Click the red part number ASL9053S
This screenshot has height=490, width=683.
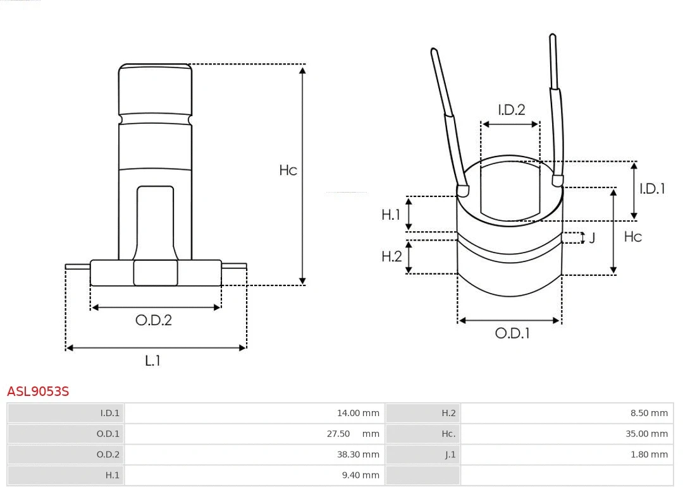(38, 391)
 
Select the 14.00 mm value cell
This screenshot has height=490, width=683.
(358, 413)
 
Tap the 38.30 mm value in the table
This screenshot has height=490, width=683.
(358, 454)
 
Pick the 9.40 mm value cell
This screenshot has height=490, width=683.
(360, 475)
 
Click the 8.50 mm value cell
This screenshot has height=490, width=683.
(649, 413)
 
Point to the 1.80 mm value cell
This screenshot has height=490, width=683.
(649, 454)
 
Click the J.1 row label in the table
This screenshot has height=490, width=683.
(450, 454)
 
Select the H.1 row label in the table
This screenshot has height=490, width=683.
(112, 475)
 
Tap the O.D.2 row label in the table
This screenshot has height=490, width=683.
(108, 454)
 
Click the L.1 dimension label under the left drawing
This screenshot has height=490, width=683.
(153, 361)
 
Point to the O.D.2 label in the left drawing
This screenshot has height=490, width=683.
(154, 320)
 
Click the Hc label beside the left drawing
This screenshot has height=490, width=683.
(288, 170)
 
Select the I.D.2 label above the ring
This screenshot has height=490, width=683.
(511, 110)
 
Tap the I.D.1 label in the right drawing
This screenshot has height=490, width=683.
(652, 188)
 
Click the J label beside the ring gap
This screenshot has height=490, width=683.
(593, 238)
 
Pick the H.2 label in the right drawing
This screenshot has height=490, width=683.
(391, 256)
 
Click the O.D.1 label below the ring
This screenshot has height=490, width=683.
(512, 333)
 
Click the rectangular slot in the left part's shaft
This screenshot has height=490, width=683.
(155, 221)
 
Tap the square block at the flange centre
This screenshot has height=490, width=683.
(156, 273)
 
